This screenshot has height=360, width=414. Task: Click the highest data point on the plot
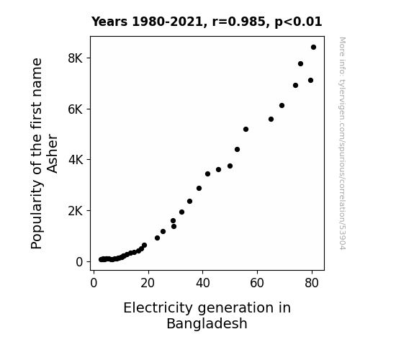point(313,48)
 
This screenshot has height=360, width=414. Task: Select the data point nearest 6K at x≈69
point(282,106)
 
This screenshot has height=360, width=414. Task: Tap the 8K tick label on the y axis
point(76,58)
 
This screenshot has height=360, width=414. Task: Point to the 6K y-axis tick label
point(76,109)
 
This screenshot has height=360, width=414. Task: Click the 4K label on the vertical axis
point(76,160)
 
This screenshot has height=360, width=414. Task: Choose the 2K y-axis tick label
point(76,211)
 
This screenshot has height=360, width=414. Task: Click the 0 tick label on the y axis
point(79,262)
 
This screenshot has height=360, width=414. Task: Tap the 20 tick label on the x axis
point(148,283)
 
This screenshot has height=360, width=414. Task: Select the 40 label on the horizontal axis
point(203,283)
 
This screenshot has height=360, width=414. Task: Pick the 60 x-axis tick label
point(257,283)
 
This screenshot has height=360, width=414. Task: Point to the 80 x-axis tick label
point(312,283)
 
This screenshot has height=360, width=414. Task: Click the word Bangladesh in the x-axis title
point(207,323)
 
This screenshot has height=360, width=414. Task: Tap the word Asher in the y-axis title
point(52,153)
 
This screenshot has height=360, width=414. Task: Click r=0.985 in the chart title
point(239,22)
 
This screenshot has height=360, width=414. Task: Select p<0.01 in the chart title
point(298,22)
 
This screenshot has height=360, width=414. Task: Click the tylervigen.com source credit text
point(342,143)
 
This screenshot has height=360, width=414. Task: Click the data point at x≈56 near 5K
point(246,130)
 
